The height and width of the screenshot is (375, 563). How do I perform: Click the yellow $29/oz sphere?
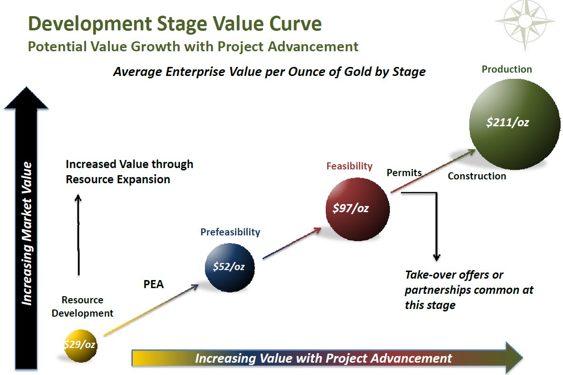coord(80,346)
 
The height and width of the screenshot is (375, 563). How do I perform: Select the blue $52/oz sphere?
coord(230,267)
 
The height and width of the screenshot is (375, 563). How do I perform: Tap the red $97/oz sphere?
coord(358,209)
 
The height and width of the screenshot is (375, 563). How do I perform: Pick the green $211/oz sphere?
coord(514,124)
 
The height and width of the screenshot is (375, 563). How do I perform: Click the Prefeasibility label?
coord(230,232)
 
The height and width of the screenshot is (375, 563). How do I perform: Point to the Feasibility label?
coord(349,166)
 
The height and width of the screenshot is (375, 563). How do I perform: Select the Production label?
coord(506,69)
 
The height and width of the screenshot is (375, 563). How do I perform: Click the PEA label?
coord(154,284)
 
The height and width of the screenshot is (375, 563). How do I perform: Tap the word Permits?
coord(404,173)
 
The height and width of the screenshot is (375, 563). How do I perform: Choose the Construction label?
coord(477,176)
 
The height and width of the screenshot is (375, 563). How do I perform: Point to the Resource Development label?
coord(83,307)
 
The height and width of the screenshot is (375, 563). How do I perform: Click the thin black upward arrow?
coord(78,235)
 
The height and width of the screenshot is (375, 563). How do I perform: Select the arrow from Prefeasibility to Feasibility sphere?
coord(292,243)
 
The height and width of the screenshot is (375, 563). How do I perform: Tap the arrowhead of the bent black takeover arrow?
coord(437,257)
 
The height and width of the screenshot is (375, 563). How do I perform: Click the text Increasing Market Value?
coord(27,234)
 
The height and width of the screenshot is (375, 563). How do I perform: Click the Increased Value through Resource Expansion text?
coord(129,172)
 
